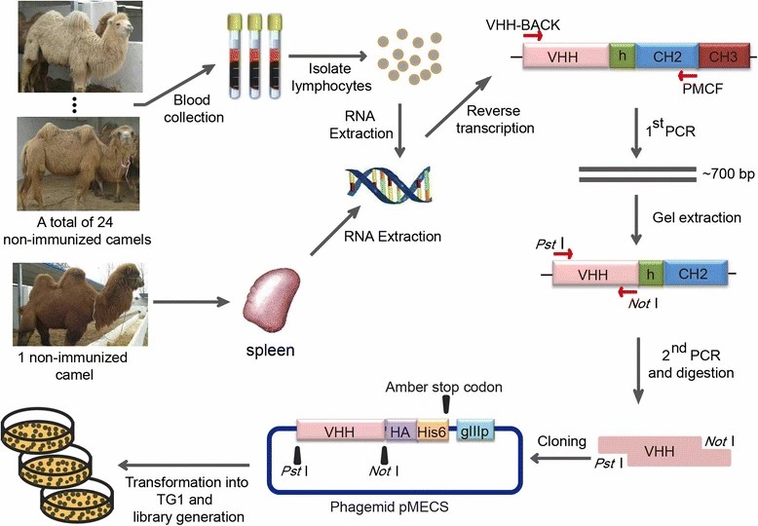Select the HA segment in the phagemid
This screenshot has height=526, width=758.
(x=399, y=429)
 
